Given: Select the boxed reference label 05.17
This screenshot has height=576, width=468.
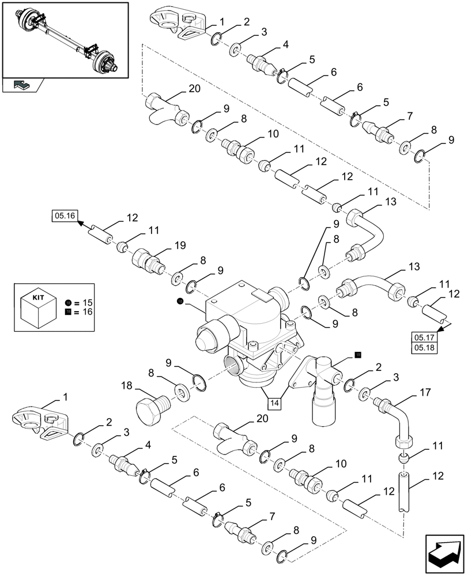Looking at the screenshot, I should point(424,338).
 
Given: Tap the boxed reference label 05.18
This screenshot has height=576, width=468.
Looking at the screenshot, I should point(424,348).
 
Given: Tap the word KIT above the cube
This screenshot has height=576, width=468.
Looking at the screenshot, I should point(37,298).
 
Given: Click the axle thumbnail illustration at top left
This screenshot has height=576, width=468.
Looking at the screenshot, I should point(65,39).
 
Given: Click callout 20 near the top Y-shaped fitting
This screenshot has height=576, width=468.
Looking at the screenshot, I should point(195,89).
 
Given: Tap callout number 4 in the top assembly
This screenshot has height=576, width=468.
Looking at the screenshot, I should point(285,43).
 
